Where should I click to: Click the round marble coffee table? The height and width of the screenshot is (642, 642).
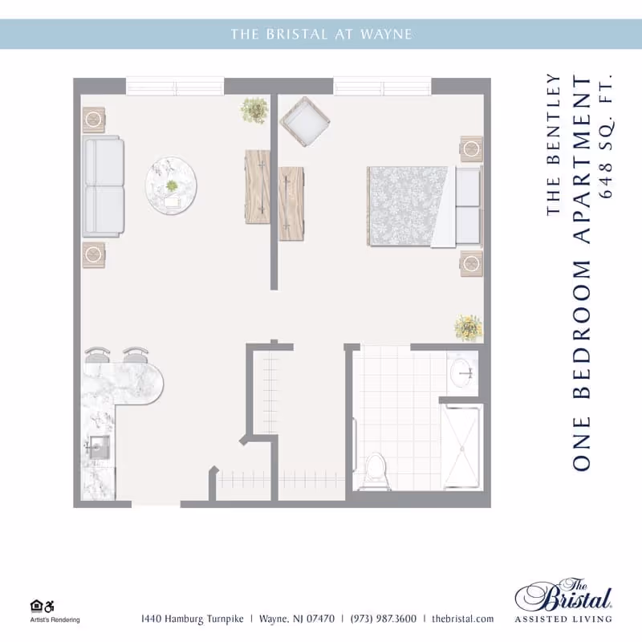(171, 185)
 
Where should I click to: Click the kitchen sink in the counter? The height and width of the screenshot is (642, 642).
(98, 447)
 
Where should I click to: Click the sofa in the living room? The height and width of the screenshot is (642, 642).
(103, 186)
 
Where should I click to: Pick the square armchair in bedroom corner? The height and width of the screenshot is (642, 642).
(304, 121)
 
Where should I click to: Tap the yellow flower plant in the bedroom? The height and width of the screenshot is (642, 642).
(468, 327)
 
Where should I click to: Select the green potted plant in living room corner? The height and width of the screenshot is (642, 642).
(254, 110)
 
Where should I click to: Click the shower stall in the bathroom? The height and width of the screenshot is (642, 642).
(461, 445)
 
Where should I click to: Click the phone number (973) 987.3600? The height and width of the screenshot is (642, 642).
(383, 619)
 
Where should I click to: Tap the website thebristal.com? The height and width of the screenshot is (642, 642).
(462, 619)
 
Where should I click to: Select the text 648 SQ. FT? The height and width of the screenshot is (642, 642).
(606, 137)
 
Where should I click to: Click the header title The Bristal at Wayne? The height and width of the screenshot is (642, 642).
(321, 34)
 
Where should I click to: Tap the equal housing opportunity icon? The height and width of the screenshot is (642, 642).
(36, 606)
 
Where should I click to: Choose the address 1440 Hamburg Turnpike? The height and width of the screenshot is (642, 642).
(192, 619)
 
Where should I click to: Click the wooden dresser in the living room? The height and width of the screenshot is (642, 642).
(258, 182)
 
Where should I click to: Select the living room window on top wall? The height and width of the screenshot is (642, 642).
(175, 86)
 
